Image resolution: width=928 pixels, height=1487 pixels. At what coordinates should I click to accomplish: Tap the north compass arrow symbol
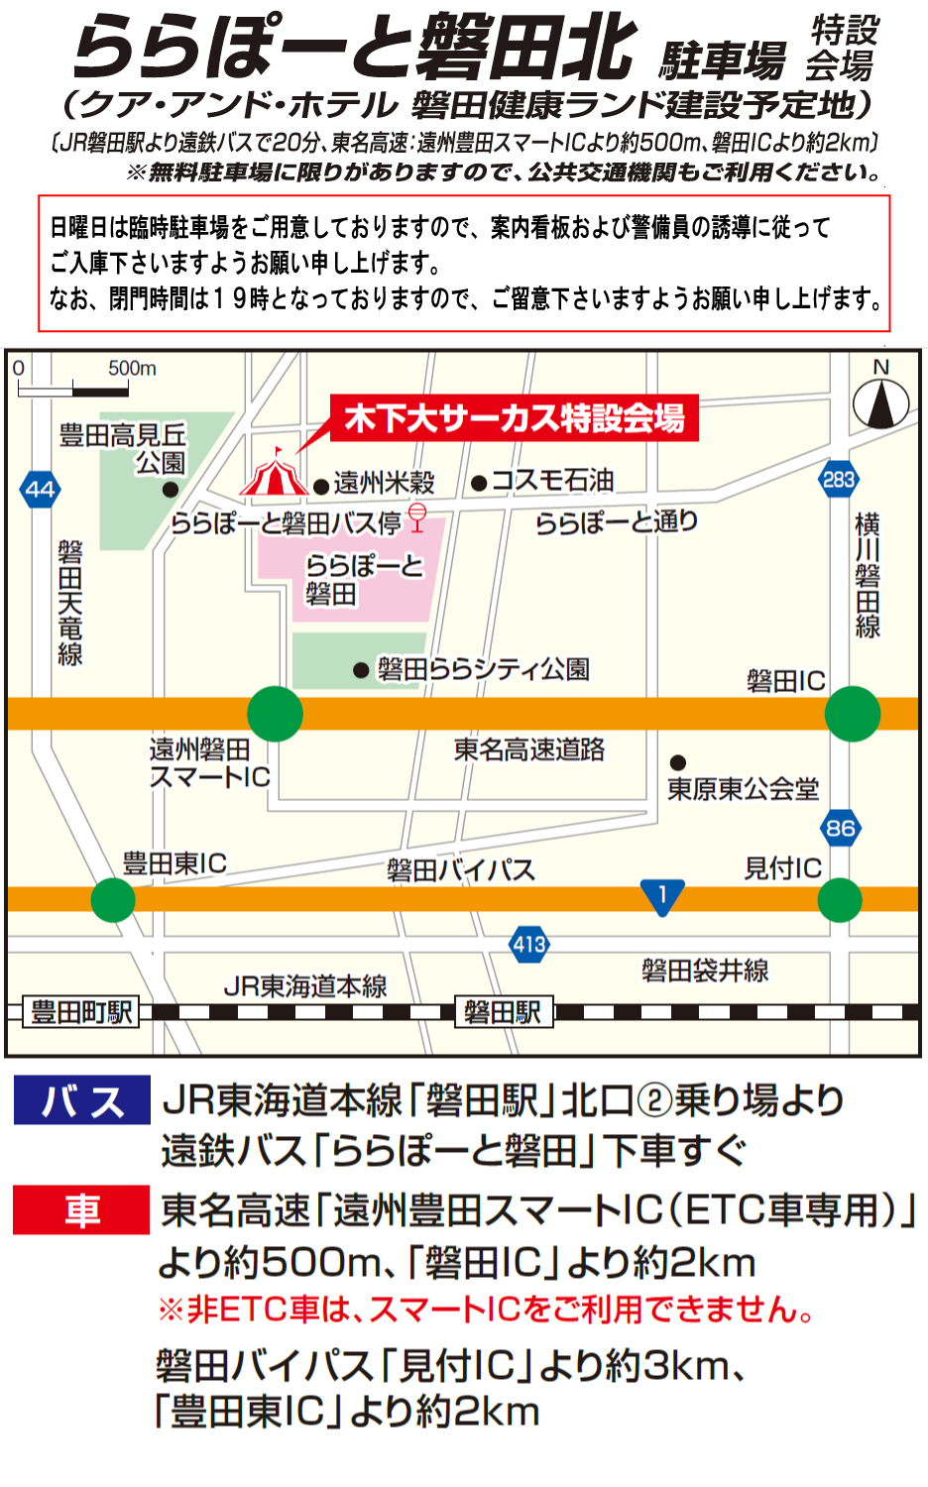(x=880, y=403)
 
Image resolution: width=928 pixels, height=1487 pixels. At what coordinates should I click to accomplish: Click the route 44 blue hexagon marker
(x=40, y=489)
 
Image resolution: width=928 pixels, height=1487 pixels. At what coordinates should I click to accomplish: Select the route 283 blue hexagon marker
(x=838, y=480)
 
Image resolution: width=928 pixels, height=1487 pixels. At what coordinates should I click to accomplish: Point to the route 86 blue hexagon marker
(x=840, y=828)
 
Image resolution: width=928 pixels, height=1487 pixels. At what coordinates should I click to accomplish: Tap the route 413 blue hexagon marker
(x=529, y=944)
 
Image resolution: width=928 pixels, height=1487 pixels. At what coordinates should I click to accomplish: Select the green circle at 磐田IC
(x=852, y=714)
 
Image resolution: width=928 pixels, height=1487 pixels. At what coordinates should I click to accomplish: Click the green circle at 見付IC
(x=840, y=900)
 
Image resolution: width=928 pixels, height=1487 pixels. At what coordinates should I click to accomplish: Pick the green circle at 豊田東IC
(x=113, y=900)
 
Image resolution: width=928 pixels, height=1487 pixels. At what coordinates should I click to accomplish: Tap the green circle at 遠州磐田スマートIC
(x=275, y=714)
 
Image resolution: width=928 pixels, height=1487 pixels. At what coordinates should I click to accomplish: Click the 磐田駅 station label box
(x=503, y=1012)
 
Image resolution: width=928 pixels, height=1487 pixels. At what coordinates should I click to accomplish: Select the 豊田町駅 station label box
(x=80, y=1012)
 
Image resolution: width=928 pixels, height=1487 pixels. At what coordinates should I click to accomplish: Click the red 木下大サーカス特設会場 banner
(x=514, y=418)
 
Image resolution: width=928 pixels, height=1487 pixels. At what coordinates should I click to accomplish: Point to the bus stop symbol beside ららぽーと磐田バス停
(x=417, y=516)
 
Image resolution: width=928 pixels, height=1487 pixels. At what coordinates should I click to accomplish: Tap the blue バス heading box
(x=81, y=1100)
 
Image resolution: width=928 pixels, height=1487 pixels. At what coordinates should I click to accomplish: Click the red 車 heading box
(x=81, y=1209)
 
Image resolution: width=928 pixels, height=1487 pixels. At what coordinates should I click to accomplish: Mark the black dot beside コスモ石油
(x=479, y=483)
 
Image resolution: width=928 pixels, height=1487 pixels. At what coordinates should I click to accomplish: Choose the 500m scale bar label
(x=132, y=369)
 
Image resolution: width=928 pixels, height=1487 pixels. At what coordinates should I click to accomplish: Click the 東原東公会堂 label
(x=743, y=789)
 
